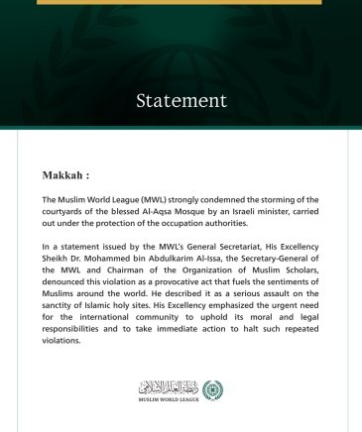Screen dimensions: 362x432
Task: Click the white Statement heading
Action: (181, 101)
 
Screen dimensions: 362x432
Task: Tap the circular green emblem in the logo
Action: (212, 390)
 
